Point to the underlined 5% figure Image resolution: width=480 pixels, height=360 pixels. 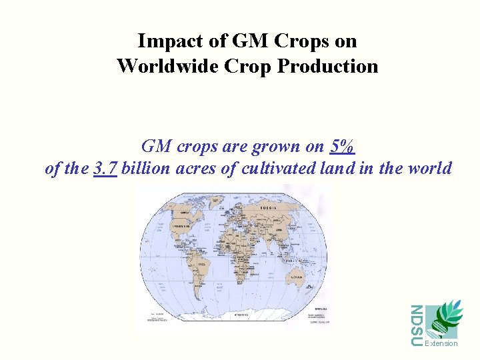pos(342,146)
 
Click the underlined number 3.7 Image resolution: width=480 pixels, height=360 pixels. pos(105,169)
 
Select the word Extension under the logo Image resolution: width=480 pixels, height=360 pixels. pos(441,343)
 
